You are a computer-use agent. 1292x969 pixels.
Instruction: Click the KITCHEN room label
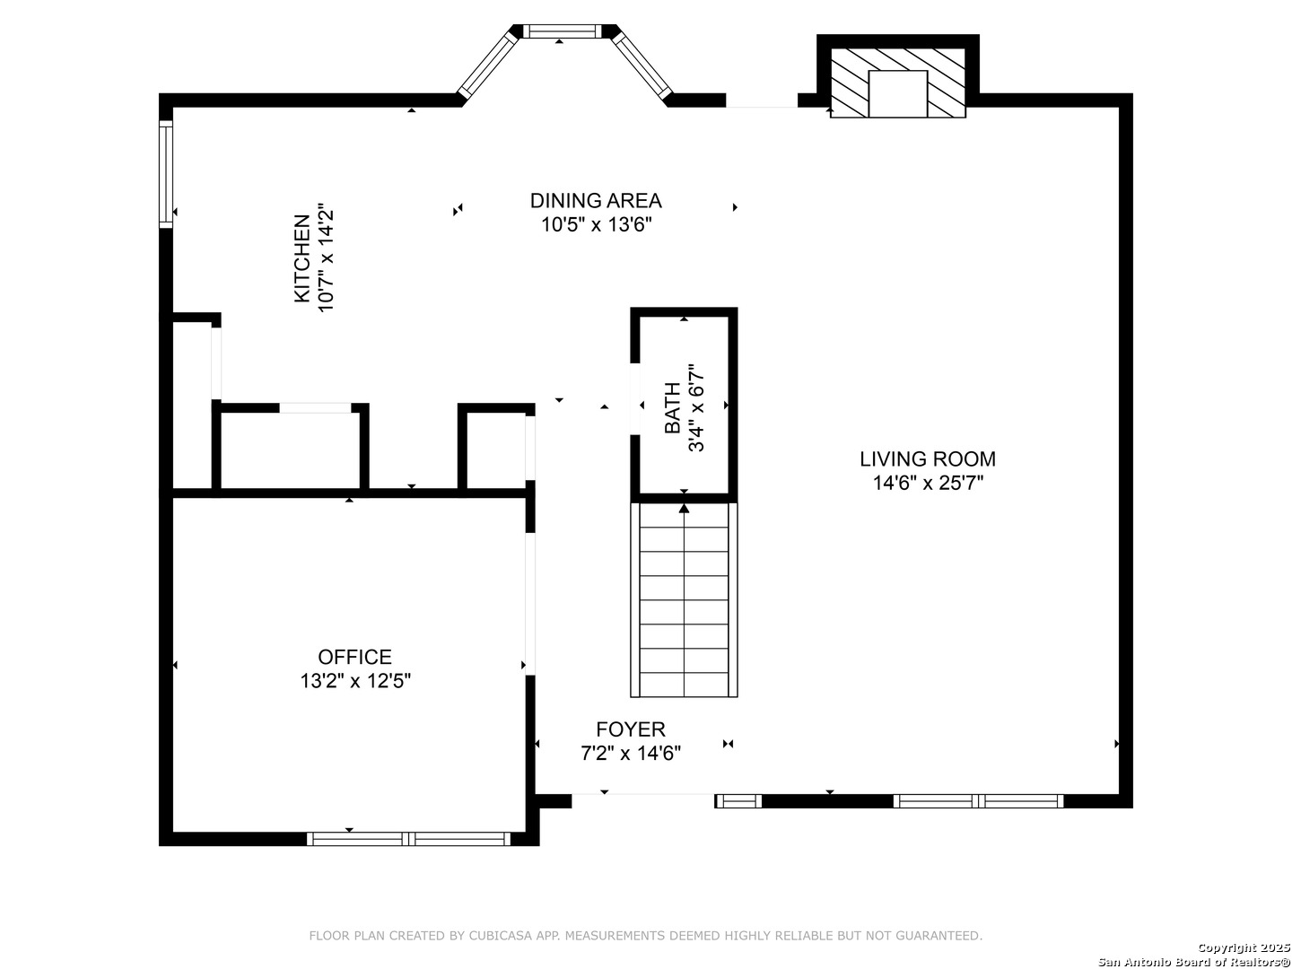click(301, 258)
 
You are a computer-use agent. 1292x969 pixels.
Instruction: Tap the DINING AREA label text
click(596, 201)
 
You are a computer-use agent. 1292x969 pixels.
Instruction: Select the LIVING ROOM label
click(928, 458)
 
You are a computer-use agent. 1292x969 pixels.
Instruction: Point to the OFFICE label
click(354, 657)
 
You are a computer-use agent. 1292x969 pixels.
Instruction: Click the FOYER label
click(631, 729)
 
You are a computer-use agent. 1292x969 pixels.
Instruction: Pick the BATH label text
click(672, 407)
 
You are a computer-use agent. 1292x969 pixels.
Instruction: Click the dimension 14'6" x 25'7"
click(928, 483)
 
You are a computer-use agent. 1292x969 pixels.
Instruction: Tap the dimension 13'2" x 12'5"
click(355, 681)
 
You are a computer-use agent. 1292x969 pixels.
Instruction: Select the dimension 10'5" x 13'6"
click(597, 224)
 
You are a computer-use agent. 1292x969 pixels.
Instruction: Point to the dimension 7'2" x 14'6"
click(631, 753)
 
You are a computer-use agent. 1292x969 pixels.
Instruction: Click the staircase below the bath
click(684, 600)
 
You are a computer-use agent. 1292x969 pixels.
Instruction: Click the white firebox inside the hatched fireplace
click(898, 94)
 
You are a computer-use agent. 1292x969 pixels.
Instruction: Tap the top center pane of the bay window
click(563, 31)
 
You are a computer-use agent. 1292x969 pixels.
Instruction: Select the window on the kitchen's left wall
click(166, 174)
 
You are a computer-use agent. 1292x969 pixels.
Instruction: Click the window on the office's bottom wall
click(408, 838)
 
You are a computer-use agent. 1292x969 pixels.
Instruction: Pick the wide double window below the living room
click(978, 800)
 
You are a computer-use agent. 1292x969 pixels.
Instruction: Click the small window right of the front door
click(738, 800)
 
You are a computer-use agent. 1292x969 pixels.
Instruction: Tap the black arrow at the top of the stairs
click(684, 509)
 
